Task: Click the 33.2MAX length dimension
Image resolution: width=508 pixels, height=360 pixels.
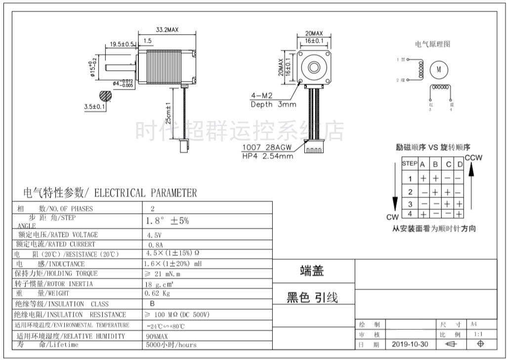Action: coord(167,30)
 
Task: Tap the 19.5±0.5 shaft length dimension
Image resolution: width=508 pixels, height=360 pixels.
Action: coord(122,44)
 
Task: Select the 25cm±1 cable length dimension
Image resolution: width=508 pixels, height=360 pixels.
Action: coord(169,113)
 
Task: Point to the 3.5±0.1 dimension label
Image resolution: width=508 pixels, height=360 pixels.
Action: coord(94,106)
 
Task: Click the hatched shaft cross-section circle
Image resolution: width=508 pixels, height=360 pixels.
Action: coord(105,95)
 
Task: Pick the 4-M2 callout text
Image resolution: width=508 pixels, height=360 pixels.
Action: coord(262,96)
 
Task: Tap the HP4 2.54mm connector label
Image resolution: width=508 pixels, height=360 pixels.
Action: coord(267,156)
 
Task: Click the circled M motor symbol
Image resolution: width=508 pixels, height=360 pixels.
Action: coord(438,70)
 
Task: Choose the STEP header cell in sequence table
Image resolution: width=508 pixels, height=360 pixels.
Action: coord(410,164)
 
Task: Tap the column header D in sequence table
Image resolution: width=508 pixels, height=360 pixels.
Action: coord(460,164)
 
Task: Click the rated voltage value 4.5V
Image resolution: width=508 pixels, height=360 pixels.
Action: coord(154,235)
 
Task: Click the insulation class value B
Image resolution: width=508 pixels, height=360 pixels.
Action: coord(152,304)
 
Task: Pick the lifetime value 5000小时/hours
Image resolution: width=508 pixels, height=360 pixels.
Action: coord(171,345)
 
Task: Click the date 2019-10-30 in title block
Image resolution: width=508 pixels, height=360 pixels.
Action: coord(410,344)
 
